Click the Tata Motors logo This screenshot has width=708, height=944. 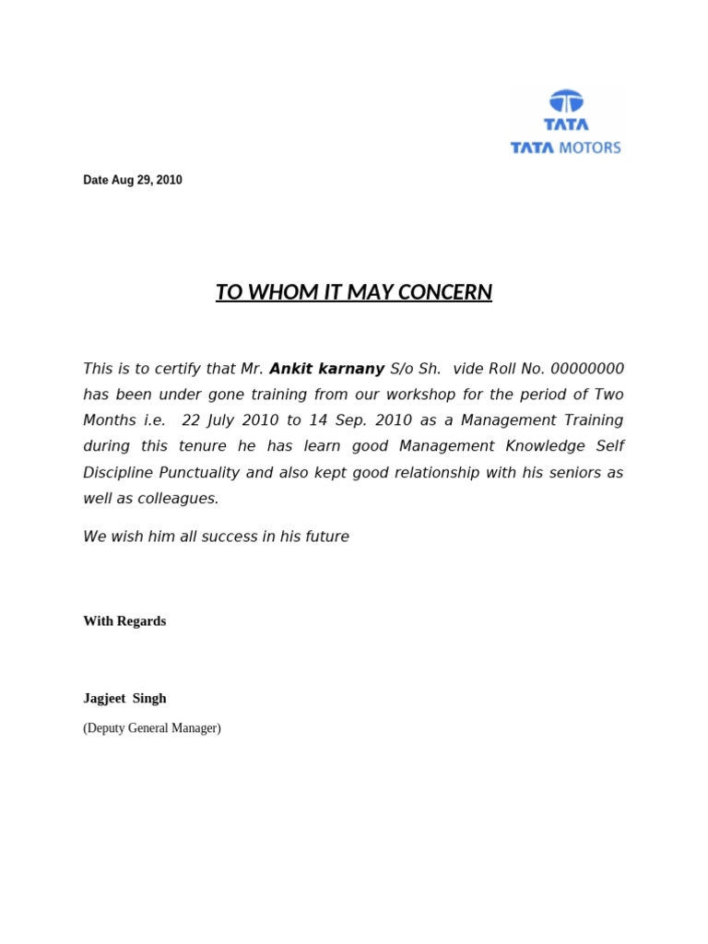coord(566,123)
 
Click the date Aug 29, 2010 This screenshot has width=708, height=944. coord(133,181)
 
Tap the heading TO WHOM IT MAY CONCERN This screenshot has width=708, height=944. coord(354,293)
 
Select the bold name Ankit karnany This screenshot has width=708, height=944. coord(327,369)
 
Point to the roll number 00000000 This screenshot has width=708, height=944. coord(587,369)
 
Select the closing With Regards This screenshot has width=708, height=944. coord(124,621)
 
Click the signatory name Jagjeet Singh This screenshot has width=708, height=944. coord(124,699)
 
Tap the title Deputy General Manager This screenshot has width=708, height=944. coord(152,728)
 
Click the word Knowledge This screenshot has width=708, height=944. coord(536,446)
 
